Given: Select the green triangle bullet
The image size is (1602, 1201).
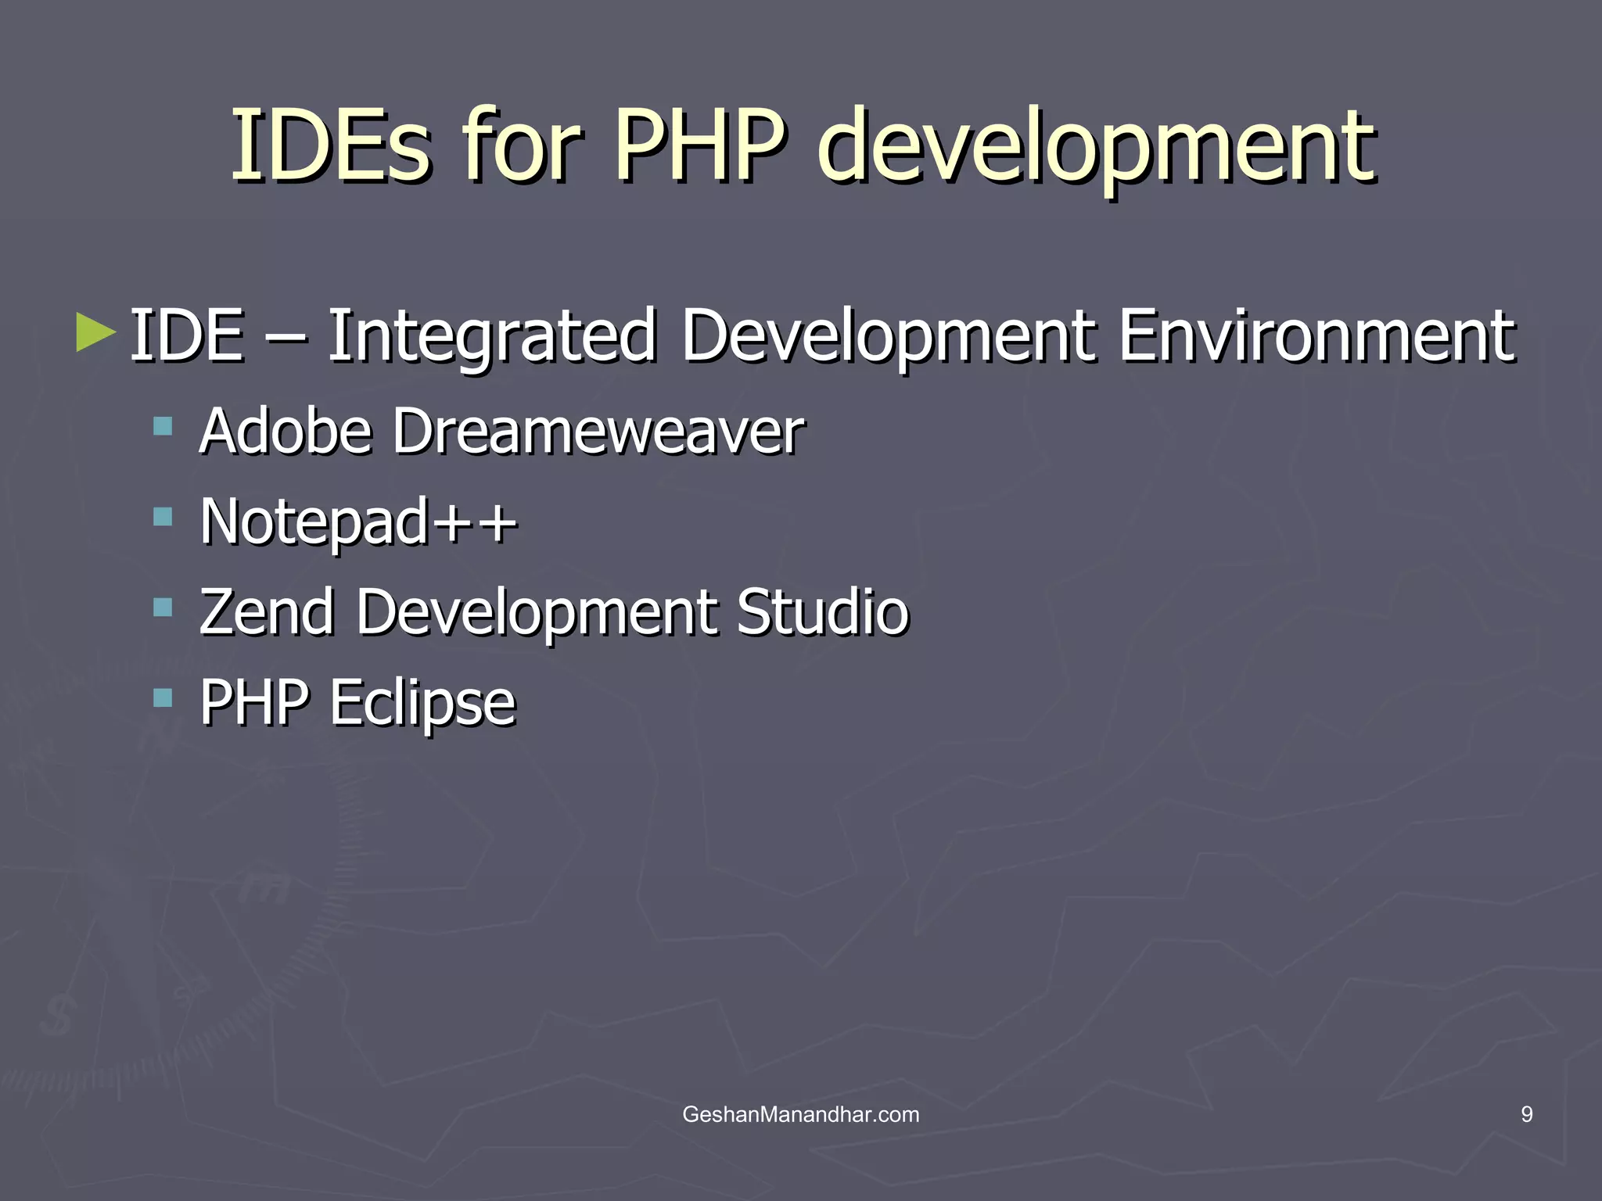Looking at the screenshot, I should tap(95, 332).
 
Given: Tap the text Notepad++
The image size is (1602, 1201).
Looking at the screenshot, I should tap(358, 522).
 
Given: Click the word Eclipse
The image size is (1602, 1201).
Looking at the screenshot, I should tap(422, 703).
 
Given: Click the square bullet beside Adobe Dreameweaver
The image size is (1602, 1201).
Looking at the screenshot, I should tap(163, 426).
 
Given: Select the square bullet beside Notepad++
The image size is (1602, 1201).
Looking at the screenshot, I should tap(163, 516).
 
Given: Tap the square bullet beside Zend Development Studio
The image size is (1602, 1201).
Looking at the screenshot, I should tap(163, 607).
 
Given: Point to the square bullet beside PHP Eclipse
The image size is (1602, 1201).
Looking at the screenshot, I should tap(163, 697).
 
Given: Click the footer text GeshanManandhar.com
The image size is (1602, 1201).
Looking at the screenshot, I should tap(801, 1114).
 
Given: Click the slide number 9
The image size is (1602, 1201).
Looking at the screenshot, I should tap(1526, 1114).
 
